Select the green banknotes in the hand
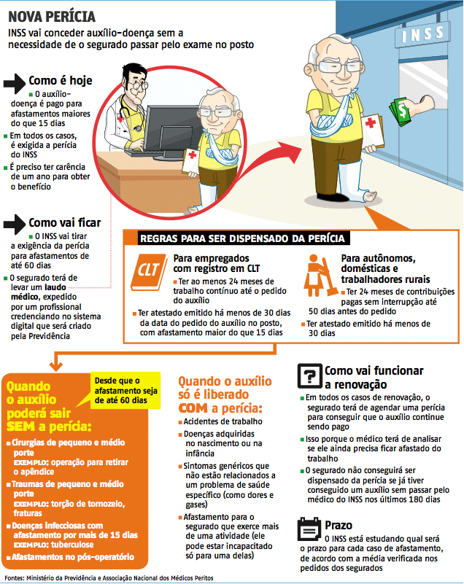[400, 112]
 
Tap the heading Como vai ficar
[65, 222]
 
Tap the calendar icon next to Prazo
[309, 526]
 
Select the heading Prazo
[339, 525]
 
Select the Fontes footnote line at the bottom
[109, 577]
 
